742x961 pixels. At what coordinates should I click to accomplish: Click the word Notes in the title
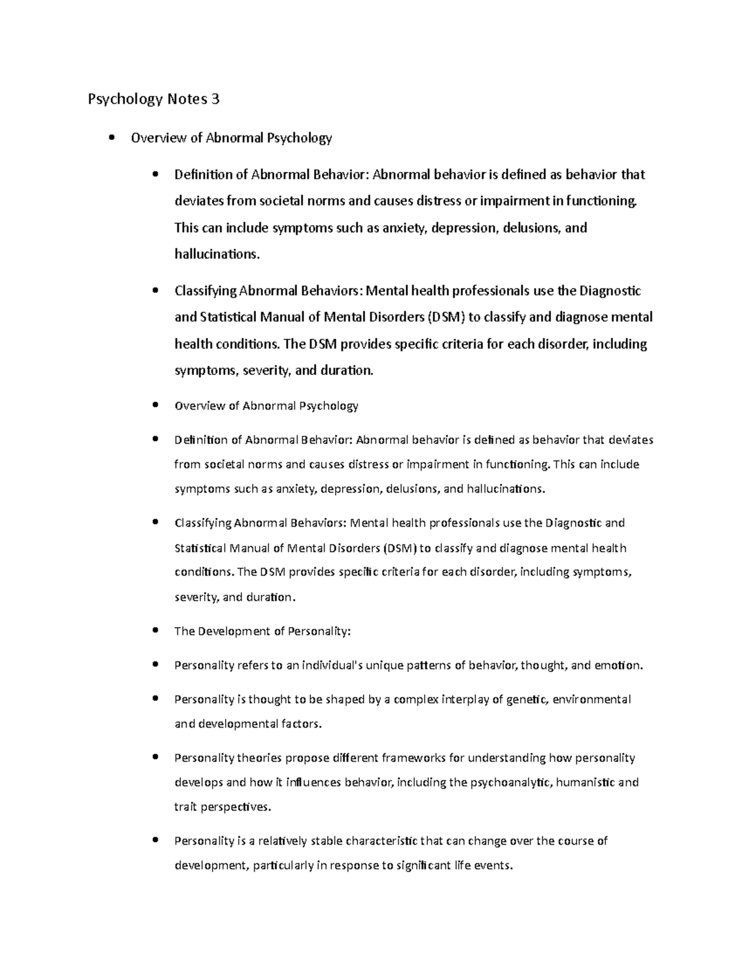pyautogui.click(x=185, y=99)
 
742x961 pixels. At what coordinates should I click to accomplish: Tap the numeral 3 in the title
pyautogui.click(x=215, y=99)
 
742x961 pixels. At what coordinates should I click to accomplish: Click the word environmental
pyautogui.click(x=592, y=699)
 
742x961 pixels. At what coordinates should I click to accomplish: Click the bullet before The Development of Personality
pyautogui.click(x=155, y=631)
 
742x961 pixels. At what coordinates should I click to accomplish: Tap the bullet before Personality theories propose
pyautogui.click(x=155, y=757)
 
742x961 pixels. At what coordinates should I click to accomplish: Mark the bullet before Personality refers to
pyautogui.click(x=155, y=665)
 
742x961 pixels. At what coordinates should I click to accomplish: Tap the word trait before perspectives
pyautogui.click(x=185, y=807)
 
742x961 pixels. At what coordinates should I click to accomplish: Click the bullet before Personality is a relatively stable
pyautogui.click(x=155, y=840)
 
